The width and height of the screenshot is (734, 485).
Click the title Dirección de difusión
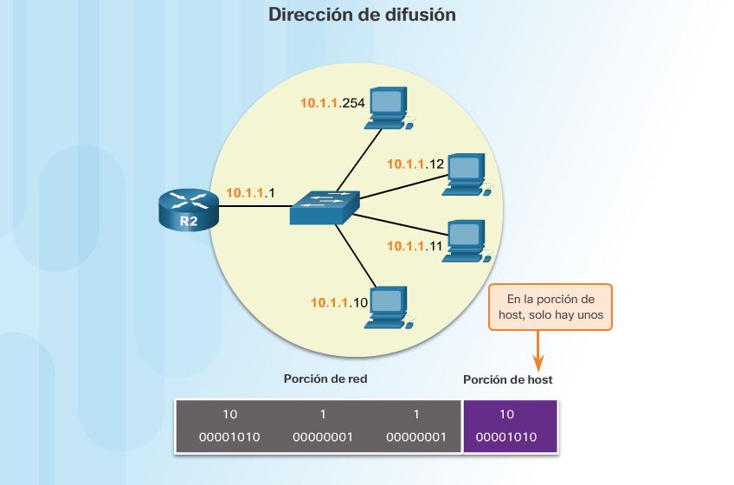(362, 15)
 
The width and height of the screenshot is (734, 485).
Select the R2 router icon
(189, 210)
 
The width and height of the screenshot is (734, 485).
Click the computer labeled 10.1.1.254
(389, 107)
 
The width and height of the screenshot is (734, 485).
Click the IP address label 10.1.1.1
(250, 192)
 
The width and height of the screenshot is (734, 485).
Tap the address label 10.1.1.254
(332, 103)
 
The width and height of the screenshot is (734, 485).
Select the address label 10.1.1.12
(415, 164)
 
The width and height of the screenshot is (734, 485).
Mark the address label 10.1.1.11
(415, 246)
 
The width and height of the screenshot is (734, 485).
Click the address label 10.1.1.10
(339, 302)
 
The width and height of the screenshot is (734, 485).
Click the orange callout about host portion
(550, 307)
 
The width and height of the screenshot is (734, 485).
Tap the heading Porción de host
(507, 379)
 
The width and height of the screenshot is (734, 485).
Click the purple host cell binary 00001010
(506, 436)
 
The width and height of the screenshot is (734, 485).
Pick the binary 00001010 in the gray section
(229, 436)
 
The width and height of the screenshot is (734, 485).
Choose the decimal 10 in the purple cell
(506, 415)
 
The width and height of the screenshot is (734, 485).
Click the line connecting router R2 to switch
(254, 206)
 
